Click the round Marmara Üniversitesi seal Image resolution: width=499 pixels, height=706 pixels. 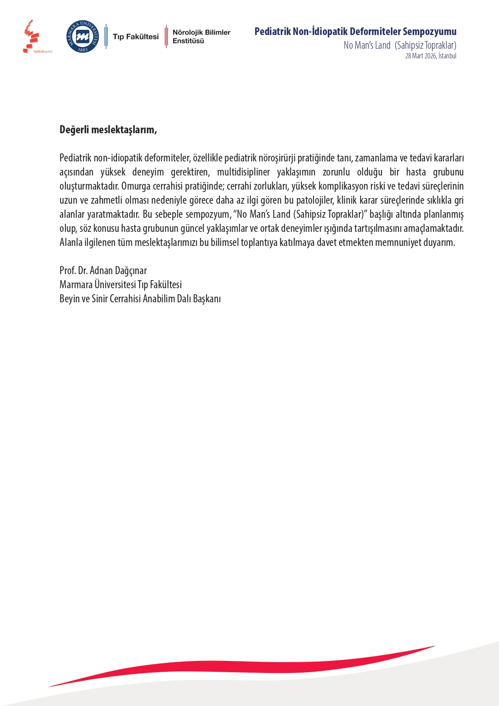[x=82, y=37]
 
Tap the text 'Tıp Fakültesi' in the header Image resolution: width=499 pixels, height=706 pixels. [x=136, y=37]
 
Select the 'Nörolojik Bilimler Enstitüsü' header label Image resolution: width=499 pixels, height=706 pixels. [x=201, y=37]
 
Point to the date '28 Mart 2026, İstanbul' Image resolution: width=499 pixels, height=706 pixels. [x=430, y=56]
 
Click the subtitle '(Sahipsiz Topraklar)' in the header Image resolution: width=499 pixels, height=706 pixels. [x=425, y=45]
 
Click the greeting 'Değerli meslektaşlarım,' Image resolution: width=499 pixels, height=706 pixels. [x=108, y=130]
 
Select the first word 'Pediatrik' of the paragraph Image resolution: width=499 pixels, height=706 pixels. [x=75, y=158]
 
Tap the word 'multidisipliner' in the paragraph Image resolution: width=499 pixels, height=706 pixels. [x=243, y=172]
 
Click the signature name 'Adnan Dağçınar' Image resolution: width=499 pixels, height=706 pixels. [x=118, y=270]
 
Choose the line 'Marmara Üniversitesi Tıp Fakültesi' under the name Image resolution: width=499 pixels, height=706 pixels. [x=121, y=285]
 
